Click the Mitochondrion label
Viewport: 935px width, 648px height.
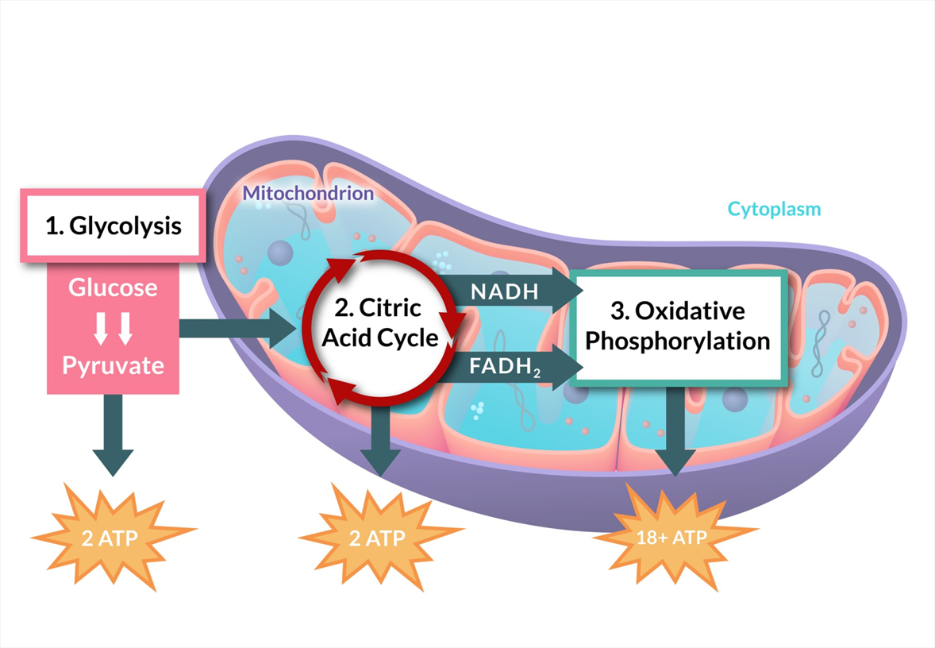click(x=308, y=193)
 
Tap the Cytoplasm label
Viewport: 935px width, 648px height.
click(x=774, y=210)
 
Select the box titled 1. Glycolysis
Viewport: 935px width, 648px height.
click(x=113, y=226)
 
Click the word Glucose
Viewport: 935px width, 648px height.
click(x=113, y=287)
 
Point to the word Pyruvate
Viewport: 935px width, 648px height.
click(x=113, y=366)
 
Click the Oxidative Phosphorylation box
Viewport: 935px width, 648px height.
click(x=679, y=325)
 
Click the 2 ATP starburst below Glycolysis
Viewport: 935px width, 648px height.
click(x=113, y=537)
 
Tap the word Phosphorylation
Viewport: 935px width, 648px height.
click(x=679, y=341)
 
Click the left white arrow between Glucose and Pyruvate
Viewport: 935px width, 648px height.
click(x=101, y=327)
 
